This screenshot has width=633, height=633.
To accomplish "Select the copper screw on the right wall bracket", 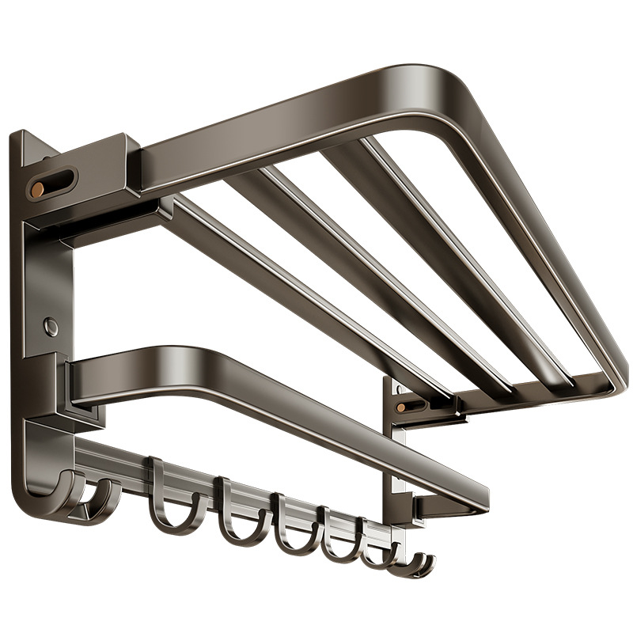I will tap(401, 406).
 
